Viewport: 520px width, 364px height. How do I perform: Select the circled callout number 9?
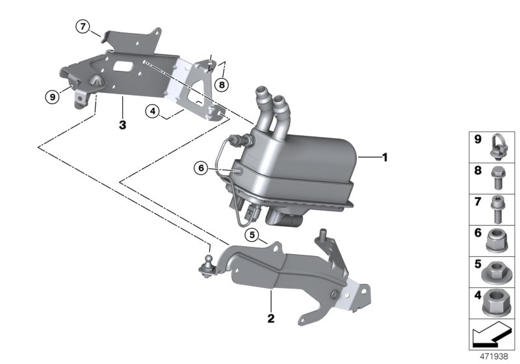[52, 97]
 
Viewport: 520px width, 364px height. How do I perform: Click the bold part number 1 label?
[384, 157]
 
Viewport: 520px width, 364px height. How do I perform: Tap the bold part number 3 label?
[122, 124]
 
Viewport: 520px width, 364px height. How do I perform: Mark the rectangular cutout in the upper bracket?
[122, 66]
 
